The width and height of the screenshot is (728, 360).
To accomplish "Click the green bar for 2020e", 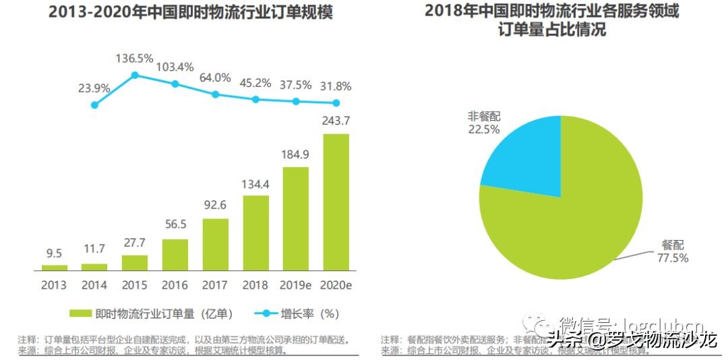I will [336, 202].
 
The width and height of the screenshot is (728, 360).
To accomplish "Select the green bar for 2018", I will [255, 233].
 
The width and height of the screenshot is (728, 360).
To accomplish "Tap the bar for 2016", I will [175, 255].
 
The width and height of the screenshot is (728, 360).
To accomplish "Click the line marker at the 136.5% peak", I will [135, 75].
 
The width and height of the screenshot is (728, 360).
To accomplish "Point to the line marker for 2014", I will [94, 104].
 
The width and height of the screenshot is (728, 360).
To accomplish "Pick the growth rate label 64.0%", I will [215, 78].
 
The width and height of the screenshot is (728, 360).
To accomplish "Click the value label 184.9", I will [295, 154].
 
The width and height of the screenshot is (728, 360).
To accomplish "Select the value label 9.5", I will [54, 253].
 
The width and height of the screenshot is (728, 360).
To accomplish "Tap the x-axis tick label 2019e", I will [295, 284].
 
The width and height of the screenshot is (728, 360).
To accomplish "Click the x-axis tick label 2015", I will [135, 284].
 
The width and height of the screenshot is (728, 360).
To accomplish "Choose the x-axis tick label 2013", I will [54, 284].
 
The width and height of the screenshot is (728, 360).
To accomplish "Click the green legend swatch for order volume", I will [80, 313].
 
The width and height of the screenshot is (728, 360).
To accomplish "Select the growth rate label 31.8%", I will [335, 87].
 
